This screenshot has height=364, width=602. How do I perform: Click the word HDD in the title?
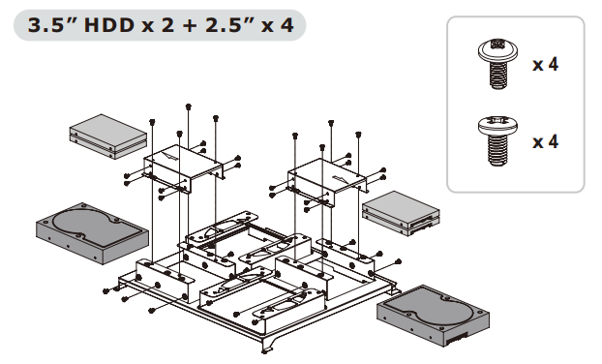click(x=108, y=25)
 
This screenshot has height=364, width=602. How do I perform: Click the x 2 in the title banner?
click(x=158, y=25)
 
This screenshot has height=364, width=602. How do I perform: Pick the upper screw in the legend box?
click(x=497, y=64)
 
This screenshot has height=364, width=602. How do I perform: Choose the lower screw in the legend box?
click(x=497, y=141)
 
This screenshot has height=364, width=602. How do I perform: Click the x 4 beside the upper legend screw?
click(x=545, y=64)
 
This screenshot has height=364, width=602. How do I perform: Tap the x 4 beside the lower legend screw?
click(x=545, y=141)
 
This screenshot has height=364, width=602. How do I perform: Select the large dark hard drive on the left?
click(x=92, y=233)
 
